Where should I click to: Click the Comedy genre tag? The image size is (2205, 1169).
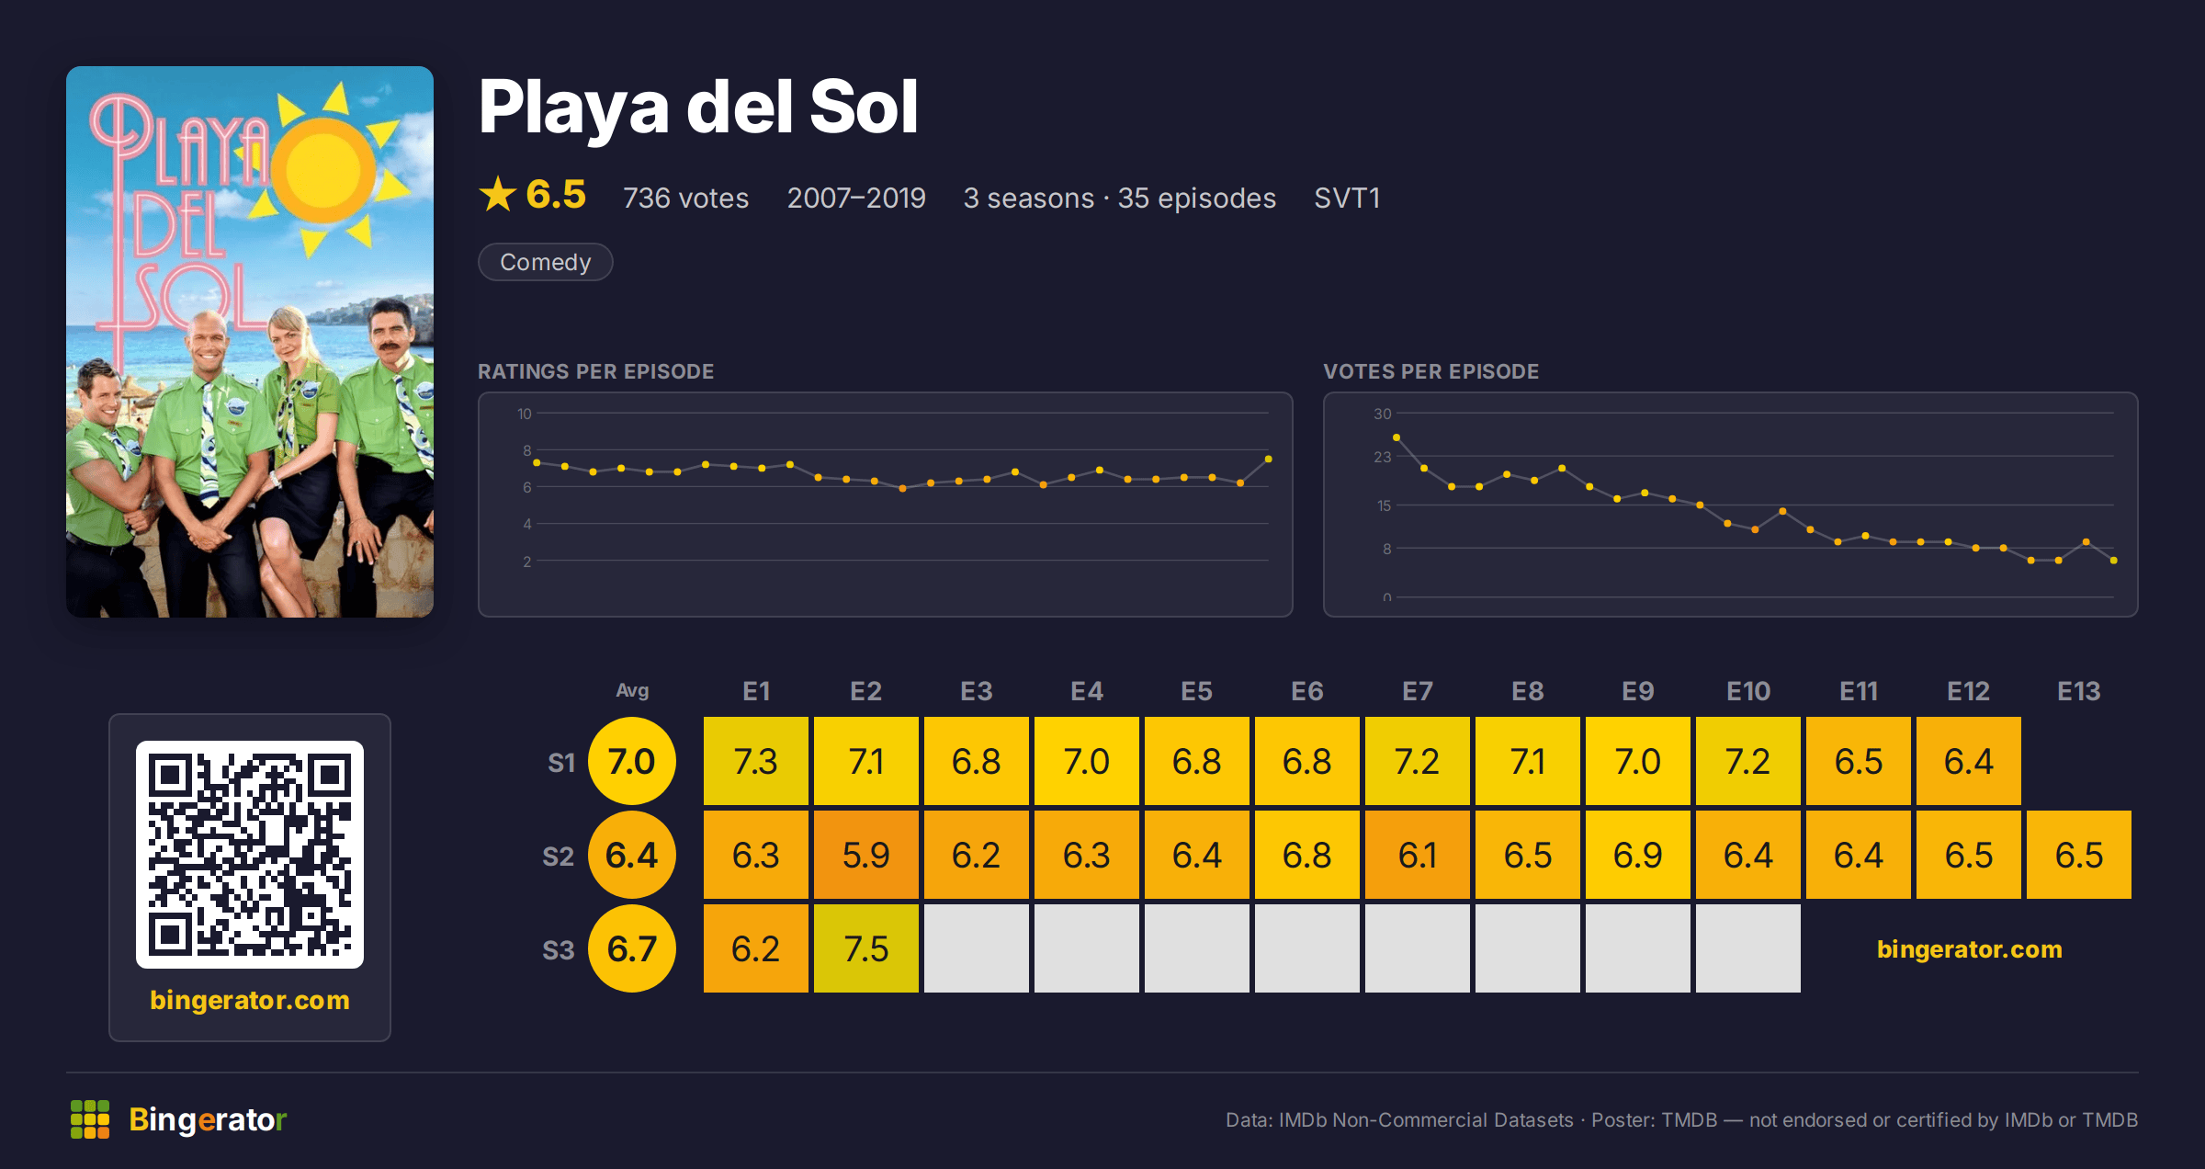545,262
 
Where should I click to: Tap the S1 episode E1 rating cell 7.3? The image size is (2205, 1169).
755,761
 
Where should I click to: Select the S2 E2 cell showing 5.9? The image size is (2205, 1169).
865,855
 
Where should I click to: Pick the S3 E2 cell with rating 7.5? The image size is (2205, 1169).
865,948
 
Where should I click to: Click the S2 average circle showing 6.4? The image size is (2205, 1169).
632,855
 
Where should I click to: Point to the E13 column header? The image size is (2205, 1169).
2078,691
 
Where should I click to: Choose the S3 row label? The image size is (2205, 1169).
558,949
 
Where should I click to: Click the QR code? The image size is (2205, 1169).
250,855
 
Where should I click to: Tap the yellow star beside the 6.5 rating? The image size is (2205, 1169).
498,194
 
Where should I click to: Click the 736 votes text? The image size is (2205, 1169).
685,198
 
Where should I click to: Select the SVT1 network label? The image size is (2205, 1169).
1347,198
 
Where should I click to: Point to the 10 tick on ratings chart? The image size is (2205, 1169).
524,414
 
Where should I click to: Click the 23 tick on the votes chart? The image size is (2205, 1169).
1382,457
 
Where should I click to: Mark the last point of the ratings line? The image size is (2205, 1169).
1268,459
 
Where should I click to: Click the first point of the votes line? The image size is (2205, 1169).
1396,437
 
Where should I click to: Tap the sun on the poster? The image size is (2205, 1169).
324,169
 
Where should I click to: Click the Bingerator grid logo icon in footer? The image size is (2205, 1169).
90,1119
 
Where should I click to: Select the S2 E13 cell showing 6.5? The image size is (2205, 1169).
2078,855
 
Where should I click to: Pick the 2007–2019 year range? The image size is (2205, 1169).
856,198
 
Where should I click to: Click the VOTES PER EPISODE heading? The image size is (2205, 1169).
1430,371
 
